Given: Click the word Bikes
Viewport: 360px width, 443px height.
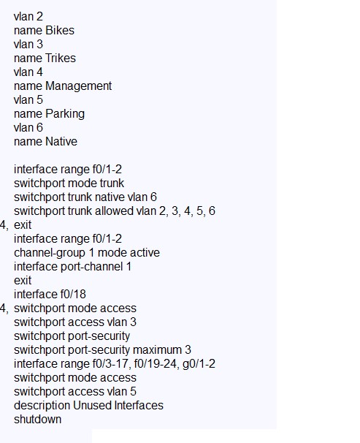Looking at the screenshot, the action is pos(60,30).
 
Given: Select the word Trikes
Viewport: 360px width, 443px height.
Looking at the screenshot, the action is pos(61,58).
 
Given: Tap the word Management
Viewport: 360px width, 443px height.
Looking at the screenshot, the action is pos(79,86).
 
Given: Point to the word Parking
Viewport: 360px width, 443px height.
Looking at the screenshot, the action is pos(65,114).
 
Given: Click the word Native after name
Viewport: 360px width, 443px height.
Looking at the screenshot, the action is pos(61,141).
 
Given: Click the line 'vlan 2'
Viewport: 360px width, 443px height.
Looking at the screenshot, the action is pos(28,16).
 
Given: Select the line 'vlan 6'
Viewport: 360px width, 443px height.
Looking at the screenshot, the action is pos(28,127).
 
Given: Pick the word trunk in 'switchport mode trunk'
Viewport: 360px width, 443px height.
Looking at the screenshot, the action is pos(112,183).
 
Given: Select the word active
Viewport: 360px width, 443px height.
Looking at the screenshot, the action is pos(144,253).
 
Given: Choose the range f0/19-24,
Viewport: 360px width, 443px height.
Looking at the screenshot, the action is pos(156,364).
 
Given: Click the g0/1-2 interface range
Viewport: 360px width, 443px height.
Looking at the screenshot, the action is pos(199,364).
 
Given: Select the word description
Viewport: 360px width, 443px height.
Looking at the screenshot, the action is pos(42,406).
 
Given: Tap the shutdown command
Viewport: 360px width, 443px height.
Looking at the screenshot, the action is pos(37,419).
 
